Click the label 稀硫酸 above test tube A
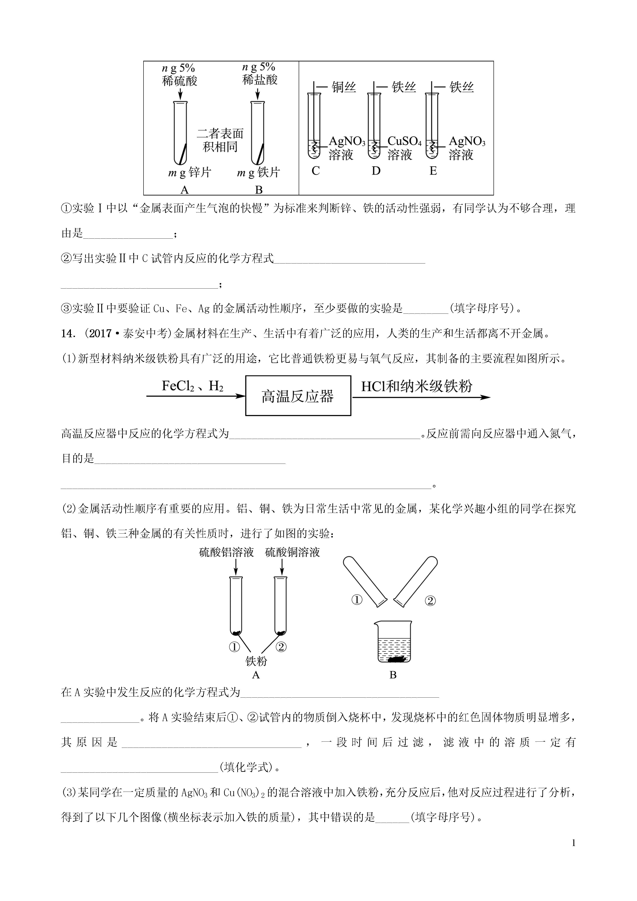[179, 81]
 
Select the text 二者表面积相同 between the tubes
[220, 140]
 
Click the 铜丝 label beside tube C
[344, 87]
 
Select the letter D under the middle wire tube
[376, 171]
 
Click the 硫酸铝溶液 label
[226, 553]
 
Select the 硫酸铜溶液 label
[292, 553]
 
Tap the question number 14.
[68, 333]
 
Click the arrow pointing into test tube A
[180, 94]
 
